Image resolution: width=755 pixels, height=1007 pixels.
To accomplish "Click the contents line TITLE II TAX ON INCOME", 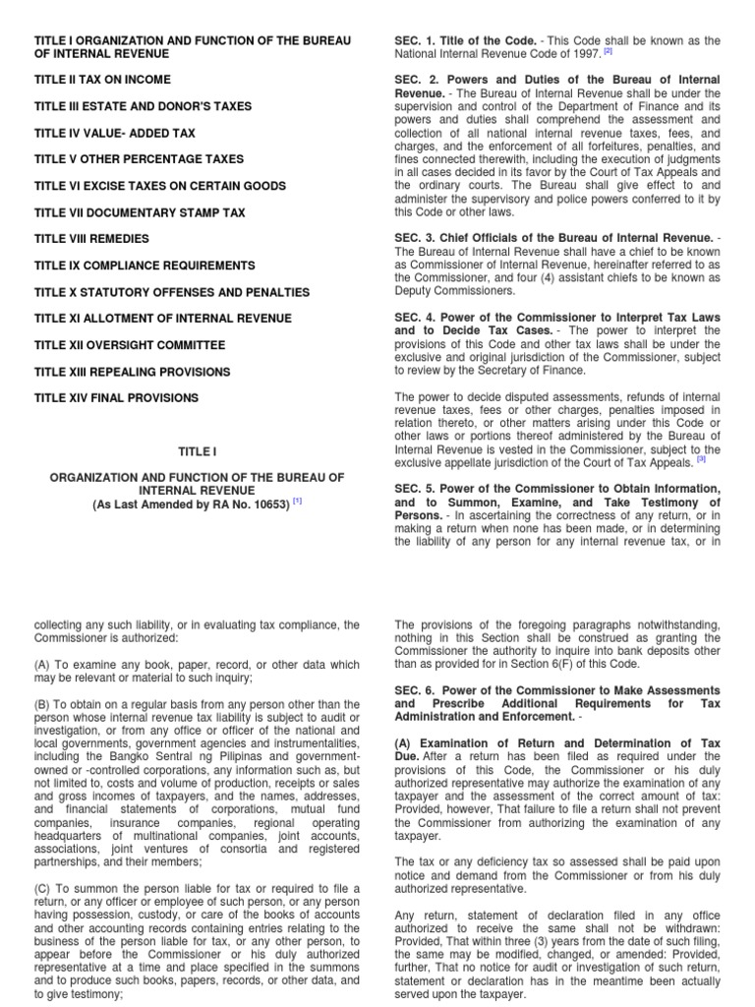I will click(102, 80).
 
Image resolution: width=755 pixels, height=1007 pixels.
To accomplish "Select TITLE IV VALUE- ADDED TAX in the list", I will click(114, 133).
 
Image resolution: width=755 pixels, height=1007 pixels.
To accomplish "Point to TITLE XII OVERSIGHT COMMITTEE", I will click(130, 345).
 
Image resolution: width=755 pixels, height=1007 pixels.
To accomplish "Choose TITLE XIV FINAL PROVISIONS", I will click(116, 398).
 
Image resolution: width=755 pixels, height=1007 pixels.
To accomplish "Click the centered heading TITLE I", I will click(197, 451).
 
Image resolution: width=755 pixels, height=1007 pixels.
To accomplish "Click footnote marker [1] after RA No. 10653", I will click(297, 501).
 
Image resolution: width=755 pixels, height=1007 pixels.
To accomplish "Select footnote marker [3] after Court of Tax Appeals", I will click(701, 457).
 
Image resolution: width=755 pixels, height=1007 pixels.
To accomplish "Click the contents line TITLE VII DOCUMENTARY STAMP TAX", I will click(140, 212).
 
